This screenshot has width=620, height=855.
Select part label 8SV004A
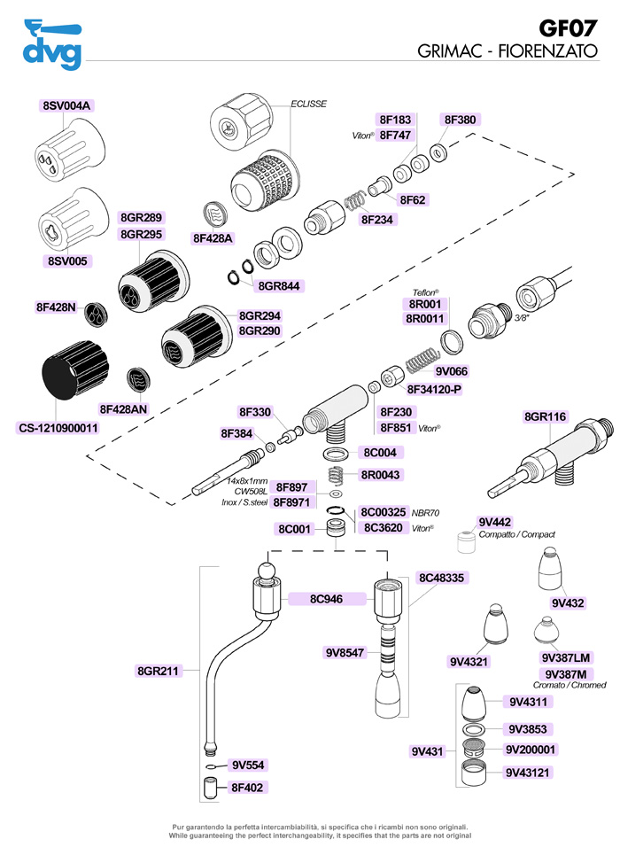tap(67, 105)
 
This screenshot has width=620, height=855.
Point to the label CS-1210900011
tap(58, 428)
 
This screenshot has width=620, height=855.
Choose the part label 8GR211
tap(159, 671)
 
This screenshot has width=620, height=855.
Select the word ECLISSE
tap(309, 104)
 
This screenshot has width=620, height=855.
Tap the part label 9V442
tap(494, 522)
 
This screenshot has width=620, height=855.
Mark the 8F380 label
tap(460, 119)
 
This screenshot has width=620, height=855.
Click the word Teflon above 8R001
tap(426, 291)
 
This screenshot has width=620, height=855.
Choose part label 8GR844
tap(277, 285)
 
